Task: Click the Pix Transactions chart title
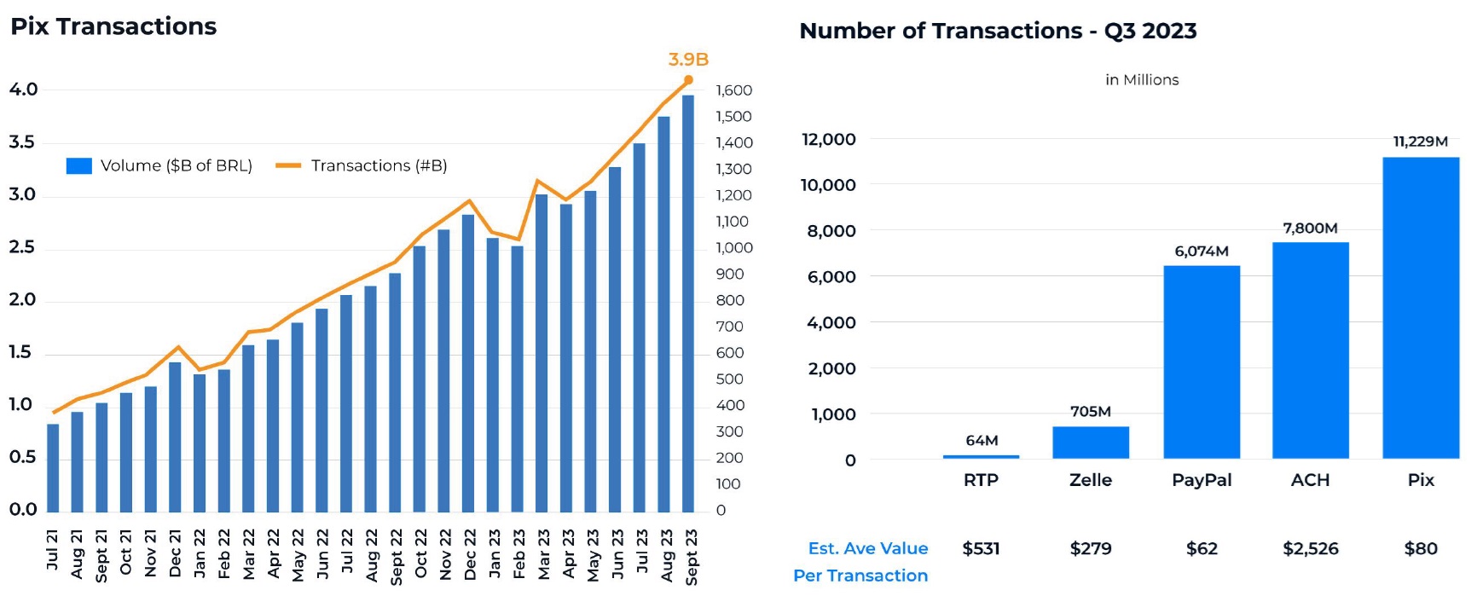click(x=113, y=26)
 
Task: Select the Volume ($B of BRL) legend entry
click(x=159, y=165)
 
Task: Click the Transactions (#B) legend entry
click(x=362, y=165)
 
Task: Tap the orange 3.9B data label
click(x=688, y=60)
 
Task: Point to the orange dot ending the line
click(x=688, y=80)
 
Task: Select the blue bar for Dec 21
click(x=175, y=437)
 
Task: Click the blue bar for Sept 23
click(x=688, y=303)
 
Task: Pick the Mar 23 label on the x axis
click(x=543, y=554)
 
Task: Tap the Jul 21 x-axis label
click(x=53, y=550)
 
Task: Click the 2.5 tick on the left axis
click(x=22, y=247)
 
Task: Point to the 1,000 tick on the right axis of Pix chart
click(x=734, y=248)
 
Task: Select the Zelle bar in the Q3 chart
click(x=1091, y=443)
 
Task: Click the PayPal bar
click(x=1202, y=362)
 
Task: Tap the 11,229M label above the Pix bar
click(x=1420, y=142)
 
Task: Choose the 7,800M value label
click(x=1310, y=229)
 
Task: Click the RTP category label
click(x=981, y=480)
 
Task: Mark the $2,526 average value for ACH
click(x=1310, y=548)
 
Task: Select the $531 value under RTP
click(x=981, y=548)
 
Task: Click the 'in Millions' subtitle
click(x=1142, y=80)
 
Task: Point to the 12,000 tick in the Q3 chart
click(x=828, y=139)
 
